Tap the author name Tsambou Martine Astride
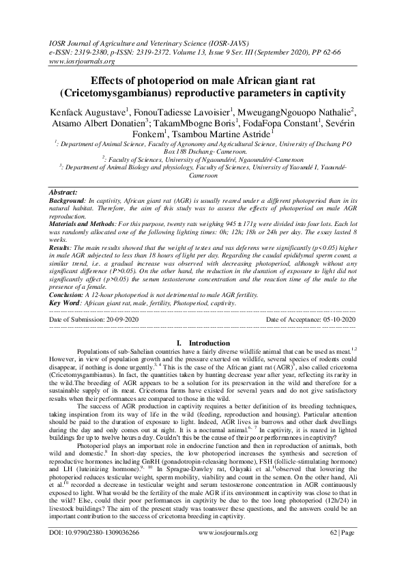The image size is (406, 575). tap(228, 135)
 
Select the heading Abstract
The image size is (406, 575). tap(68, 195)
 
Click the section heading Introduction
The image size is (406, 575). tap(209, 342)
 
